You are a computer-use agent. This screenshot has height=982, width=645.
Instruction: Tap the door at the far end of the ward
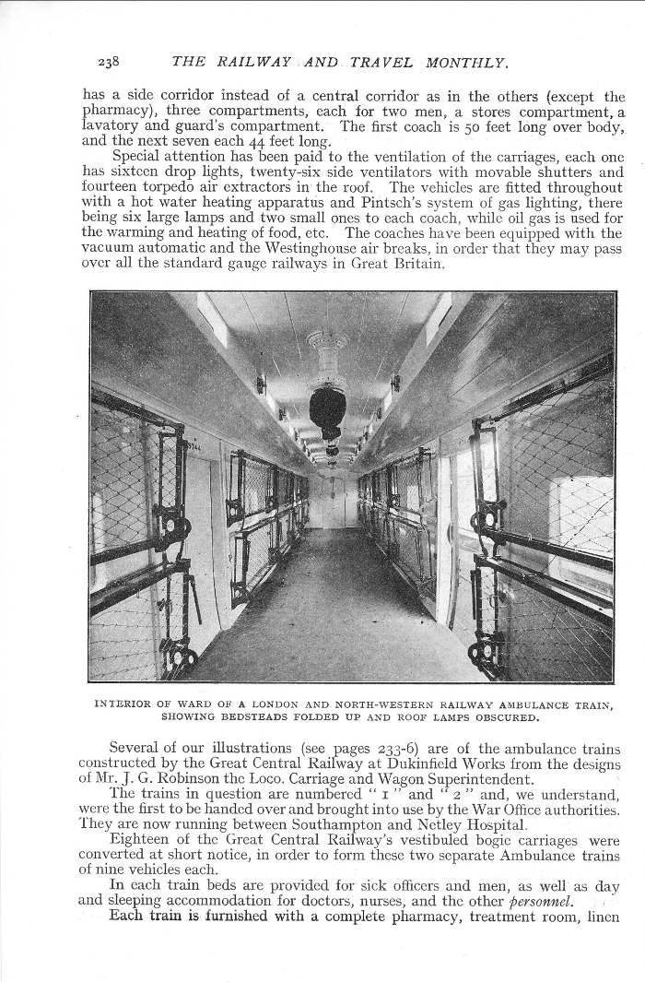332,502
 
